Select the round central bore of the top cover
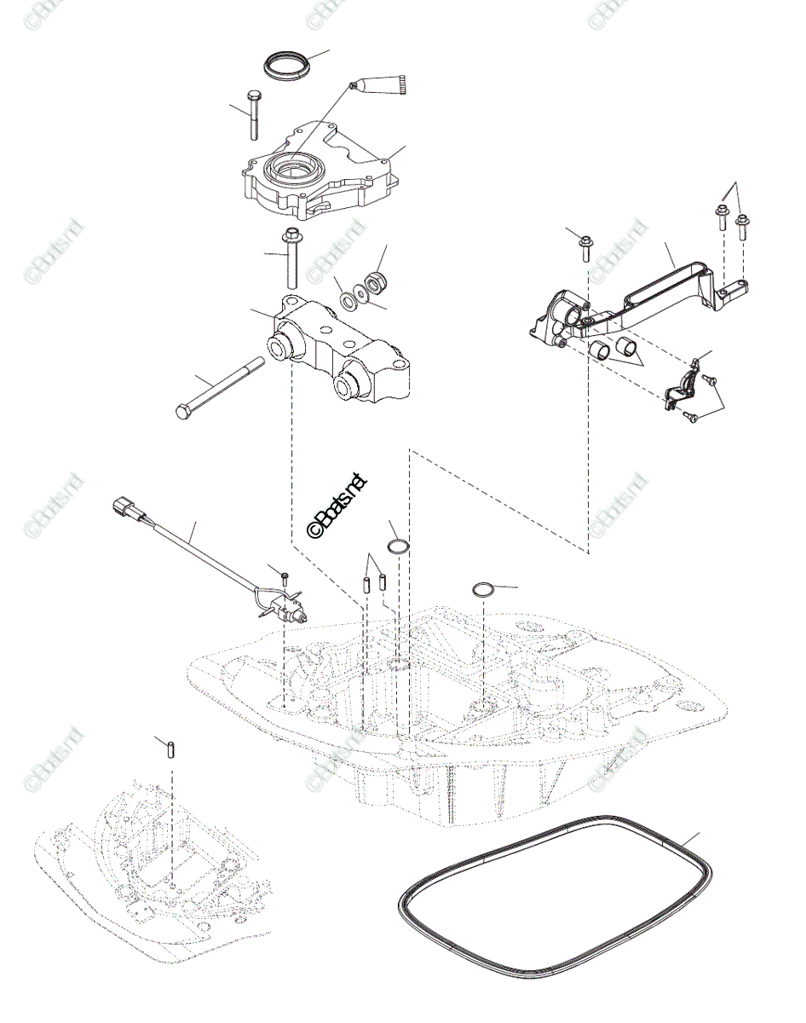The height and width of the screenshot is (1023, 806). tap(292, 171)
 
